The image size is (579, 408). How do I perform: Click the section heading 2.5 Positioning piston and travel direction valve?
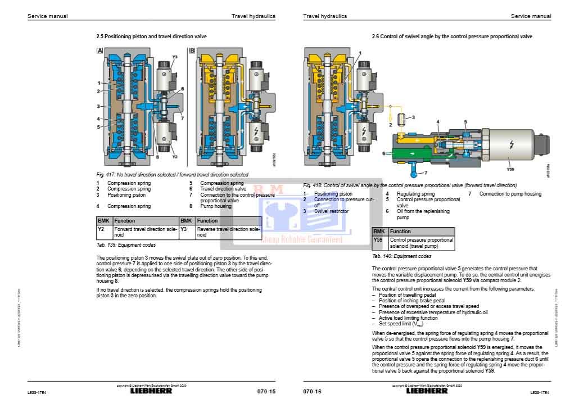152,36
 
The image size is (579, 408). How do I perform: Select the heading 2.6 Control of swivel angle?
452,36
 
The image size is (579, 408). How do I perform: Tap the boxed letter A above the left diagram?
99,51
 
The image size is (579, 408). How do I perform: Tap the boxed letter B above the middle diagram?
192,51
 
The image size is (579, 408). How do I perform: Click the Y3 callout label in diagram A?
175,57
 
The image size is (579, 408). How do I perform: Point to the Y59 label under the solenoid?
511,168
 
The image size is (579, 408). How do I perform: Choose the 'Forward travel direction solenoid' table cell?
146,232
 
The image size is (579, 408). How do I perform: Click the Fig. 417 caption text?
172,175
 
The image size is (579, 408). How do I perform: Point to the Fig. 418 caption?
409,185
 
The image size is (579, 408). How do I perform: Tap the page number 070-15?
266,391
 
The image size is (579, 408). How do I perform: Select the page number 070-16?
312,391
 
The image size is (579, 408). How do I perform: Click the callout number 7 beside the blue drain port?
426,173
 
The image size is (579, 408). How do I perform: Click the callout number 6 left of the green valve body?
384,152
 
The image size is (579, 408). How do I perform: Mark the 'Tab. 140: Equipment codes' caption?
402,256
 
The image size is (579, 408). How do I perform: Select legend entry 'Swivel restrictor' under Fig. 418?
331,211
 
